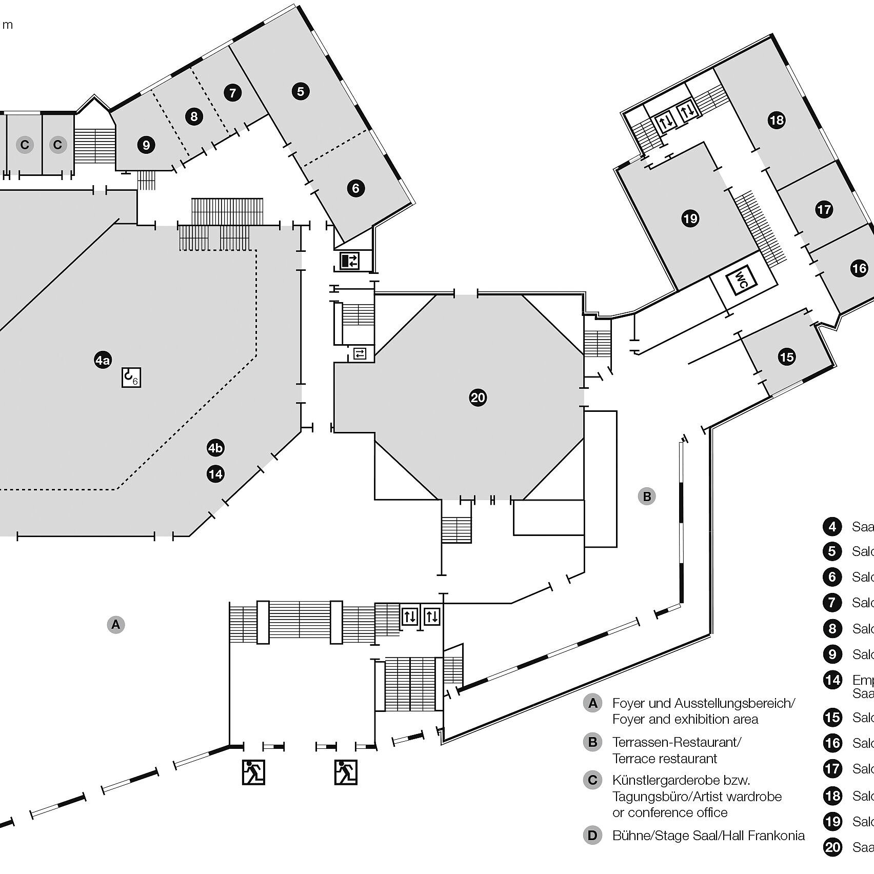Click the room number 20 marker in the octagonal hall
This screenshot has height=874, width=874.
[x=478, y=398]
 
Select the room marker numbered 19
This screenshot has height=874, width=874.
[x=690, y=219]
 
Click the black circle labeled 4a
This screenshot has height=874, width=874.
[x=103, y=360]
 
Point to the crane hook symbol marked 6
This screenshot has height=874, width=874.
[x=131, y=378]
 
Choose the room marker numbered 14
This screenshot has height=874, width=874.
[x=215, y=473]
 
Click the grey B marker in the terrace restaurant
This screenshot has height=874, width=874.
[x=647, y=496]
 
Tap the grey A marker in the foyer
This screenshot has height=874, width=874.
[x=116, y=625]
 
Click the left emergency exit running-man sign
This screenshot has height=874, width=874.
[x=253, y=772]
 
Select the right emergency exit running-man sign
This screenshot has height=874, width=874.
[x=346, y=772]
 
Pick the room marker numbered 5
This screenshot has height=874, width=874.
[x=301, y=91]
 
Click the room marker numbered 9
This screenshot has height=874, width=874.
[x=146, y=145]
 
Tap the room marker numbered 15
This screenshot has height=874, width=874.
[x=786, y=356]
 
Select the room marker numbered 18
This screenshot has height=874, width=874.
[x=777, y=121]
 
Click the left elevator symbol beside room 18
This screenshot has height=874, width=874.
[x=666, y=123]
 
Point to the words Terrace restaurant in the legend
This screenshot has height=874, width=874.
[x=665, y=759]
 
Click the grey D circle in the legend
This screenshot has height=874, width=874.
[x=592, y=836]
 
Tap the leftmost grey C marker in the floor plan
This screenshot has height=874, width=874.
[x=24, y=145]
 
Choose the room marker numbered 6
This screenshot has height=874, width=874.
[x=356, y=188]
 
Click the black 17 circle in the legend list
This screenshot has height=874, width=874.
[x=832, y=769]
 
